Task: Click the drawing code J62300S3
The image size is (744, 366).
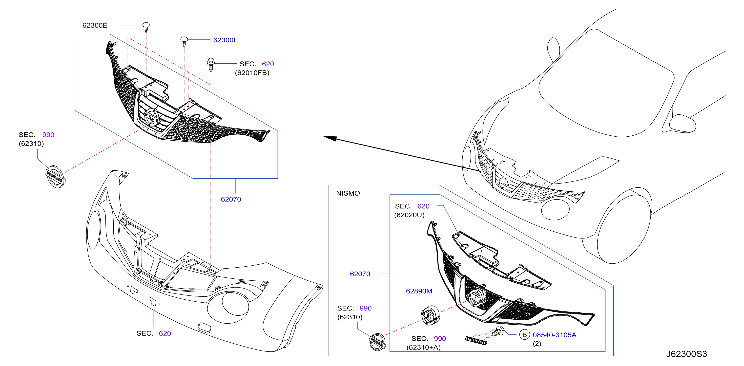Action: point(686,354)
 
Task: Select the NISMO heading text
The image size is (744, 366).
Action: point(348,193)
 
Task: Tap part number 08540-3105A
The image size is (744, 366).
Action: point(554,335)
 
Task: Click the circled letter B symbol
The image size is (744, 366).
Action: point(524,335)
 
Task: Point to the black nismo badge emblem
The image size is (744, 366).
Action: point(476,341)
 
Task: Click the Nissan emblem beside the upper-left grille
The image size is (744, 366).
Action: point(55,177)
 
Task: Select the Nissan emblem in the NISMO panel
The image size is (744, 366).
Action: point(377,342)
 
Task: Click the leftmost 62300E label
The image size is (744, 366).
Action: point(95,25)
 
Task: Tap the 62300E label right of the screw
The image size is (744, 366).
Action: point(226,40)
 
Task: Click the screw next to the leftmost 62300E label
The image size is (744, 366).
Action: point(146,27)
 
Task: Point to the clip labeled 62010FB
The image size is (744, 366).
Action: point(211,65)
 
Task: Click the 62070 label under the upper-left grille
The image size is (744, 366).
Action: point(231,199)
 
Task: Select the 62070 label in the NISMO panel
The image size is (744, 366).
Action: point(360,274)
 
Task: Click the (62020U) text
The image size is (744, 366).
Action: point(409,215)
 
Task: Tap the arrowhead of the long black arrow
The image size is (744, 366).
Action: point(329,138)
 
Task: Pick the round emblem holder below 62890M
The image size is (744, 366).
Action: point(430,315)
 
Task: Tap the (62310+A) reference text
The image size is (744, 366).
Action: point(423,348)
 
